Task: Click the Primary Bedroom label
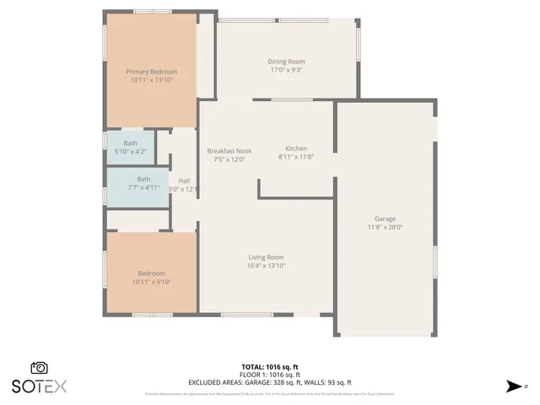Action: (x=152, y=72)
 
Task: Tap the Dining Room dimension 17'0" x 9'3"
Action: (x=286, y=71)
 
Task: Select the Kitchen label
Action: (x=295, y=148)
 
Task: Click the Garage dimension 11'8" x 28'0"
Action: (x=385, y=227)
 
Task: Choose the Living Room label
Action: (x=266, y=257)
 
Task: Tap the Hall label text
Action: (x=184, y=181)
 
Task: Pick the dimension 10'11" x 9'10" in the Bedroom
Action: (x=152, y=282)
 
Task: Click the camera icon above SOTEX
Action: (x=39, y=368)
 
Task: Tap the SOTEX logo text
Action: (x=39, y=386)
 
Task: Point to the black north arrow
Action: (x=514, y=386)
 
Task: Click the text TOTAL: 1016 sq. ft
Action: (x=270, y=366)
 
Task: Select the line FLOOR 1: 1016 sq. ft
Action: (x=270, y=374)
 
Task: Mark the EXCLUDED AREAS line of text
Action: (x=270, y=382)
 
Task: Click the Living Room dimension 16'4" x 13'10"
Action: (x=266, y=266)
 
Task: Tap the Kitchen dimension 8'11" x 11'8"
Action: (x=295, y=156)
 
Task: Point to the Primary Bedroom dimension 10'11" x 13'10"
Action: (x=152, y=80)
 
